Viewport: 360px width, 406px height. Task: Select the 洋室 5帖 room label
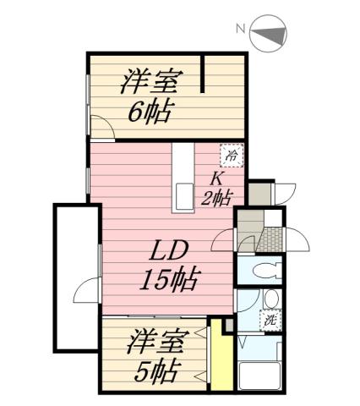[x=155, y=358]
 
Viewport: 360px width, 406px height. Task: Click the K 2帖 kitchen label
[x=217, y=189]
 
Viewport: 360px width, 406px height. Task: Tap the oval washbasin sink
[x=270, y=299]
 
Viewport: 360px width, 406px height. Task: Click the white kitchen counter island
[x=182, y=178]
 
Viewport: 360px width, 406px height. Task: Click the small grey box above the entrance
[x=261, y=192]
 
